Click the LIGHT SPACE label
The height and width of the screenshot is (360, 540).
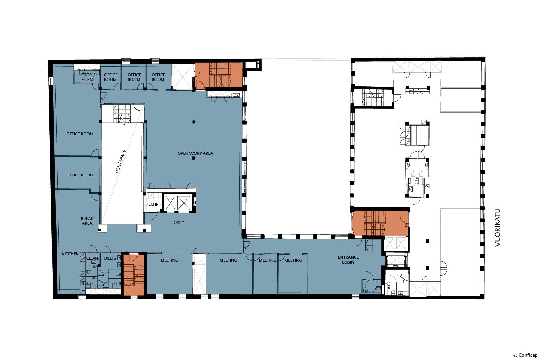point(121,162)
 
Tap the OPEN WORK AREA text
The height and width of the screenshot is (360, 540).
point(195,153)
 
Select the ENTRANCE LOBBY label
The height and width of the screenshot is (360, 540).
point(348,260)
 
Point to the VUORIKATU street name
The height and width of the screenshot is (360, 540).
point(498,228)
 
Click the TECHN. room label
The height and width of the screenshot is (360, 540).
point(153,204)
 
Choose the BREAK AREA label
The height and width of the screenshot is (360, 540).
point(87,221)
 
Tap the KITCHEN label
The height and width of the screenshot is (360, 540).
point(71,254)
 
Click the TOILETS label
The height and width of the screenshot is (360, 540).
point(109,258)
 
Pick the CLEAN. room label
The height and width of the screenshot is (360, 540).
point(92,258)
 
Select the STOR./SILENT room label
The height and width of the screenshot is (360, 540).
point(88,77)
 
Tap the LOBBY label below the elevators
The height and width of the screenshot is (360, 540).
point(178,222)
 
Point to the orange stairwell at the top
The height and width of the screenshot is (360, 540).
point(219,76)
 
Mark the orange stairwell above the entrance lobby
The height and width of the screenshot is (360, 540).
point(381,223)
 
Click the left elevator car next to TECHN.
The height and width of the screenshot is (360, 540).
point(170,203)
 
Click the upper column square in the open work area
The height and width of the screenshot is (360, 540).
point(194,122)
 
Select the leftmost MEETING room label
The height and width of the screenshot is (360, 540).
point(170,260)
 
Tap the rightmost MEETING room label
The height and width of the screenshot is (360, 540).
point(293,260)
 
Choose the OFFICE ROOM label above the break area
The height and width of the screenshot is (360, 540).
point(80,175)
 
